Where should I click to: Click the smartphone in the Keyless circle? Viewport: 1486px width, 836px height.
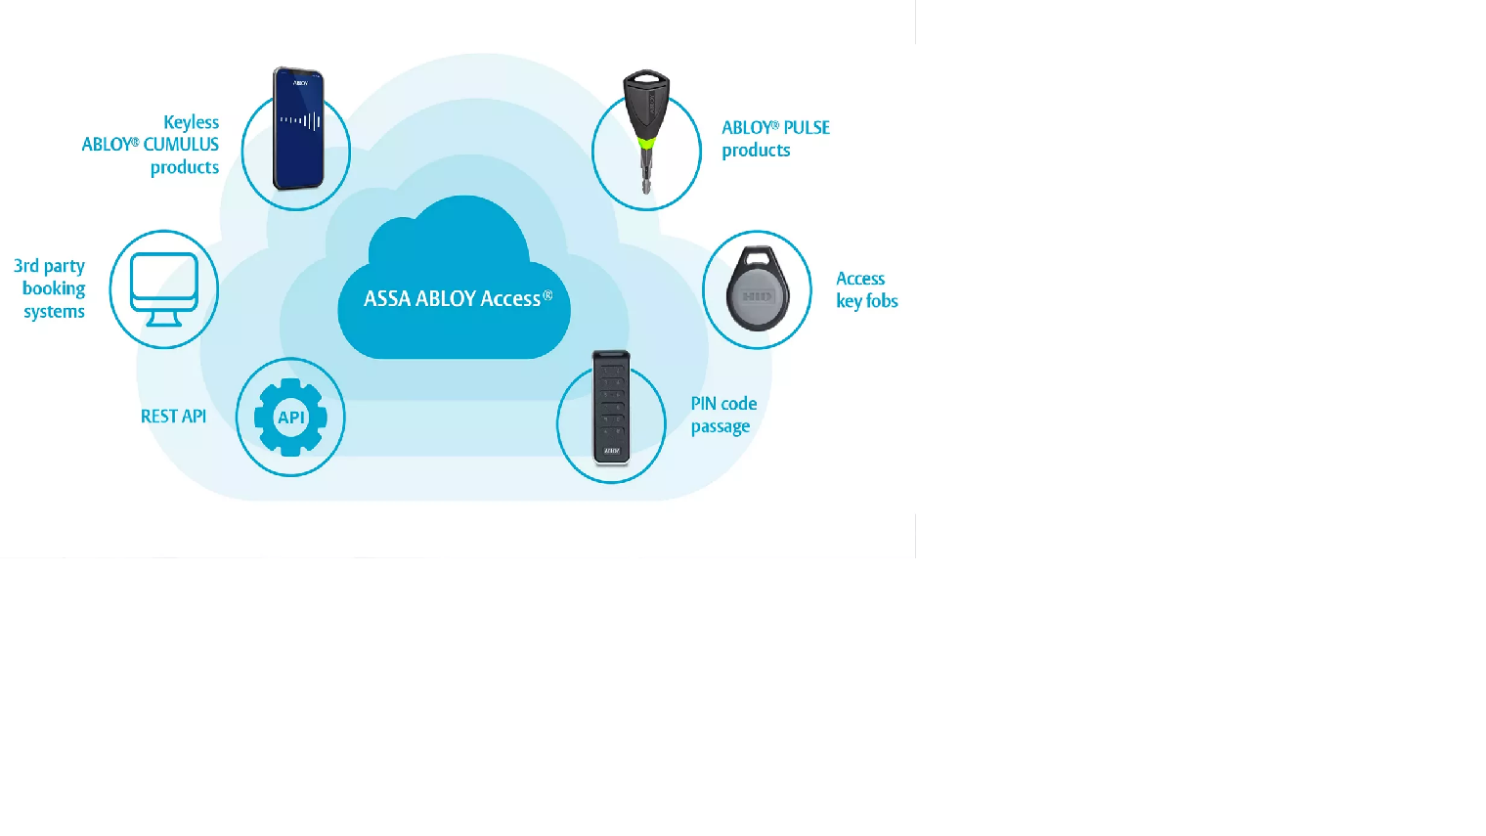[298, 128]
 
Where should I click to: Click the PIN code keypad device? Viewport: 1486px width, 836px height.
[611, 407]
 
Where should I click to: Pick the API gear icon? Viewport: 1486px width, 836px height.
[290, 418]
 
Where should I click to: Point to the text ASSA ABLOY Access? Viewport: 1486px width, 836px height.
[452, 299]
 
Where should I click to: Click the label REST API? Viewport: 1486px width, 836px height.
[173, 417]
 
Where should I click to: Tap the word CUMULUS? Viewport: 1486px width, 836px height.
[181, 145]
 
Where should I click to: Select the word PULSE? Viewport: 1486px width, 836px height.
[807, 128]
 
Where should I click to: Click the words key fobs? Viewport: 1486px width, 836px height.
[867, 301]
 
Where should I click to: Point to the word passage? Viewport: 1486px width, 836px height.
[721, 427]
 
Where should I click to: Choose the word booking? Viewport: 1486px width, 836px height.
[54, 288]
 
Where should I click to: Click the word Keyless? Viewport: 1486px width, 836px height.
[191, 122]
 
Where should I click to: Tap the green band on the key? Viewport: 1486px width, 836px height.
[646, 145]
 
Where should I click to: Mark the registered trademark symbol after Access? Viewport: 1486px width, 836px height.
[547, 295]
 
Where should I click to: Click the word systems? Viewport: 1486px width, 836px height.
[54, 312]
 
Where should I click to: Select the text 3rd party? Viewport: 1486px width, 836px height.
[49, 266]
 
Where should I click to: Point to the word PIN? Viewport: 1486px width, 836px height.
[703, 404]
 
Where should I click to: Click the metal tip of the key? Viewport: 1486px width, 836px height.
[646, 177]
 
